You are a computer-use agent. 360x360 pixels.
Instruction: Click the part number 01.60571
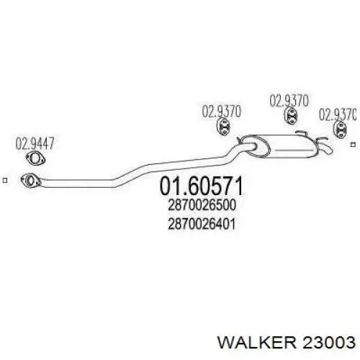point(201,186)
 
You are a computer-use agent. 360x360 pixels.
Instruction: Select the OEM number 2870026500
point(202,205)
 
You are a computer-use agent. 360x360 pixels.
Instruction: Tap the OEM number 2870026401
point(202,224)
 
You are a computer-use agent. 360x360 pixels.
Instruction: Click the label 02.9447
point(35,143)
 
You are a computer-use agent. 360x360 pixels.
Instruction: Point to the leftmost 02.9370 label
point(221,112)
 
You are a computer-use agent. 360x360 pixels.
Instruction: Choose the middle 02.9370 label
point(289,101)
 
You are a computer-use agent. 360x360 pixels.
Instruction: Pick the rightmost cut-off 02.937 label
point(337,114)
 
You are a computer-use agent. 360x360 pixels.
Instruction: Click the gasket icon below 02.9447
point(35,158)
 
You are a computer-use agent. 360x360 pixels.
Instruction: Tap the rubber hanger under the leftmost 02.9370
point(223,127)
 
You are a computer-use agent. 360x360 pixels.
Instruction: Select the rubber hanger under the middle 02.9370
point(291,116)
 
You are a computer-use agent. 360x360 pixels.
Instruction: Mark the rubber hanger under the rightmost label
point(341,130)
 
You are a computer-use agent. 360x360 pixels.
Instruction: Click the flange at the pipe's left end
point(31,181)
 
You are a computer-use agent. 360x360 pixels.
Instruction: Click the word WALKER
point(257,342)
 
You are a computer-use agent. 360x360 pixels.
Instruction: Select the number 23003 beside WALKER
point(328,342)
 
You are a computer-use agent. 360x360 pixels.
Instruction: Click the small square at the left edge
point(5,181)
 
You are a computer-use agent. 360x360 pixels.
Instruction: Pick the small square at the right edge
point(353,145)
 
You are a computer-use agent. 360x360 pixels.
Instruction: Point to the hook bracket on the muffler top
point(300,132)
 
